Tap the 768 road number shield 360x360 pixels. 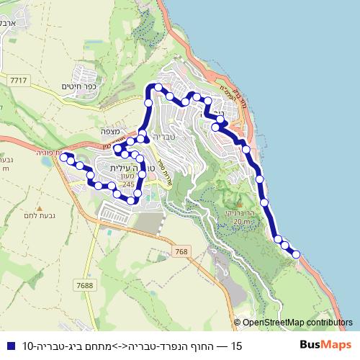pos(180,251)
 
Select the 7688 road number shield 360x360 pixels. pos(85,286)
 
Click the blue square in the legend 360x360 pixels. pos(9,346)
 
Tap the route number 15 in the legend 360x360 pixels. pos(236,346)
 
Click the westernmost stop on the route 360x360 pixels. pos(63,156)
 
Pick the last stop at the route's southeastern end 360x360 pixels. pos(295,253)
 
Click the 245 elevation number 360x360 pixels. pos(128,185)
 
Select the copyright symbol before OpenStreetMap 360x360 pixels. pos(237,323)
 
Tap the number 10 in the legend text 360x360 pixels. pos(29,346)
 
